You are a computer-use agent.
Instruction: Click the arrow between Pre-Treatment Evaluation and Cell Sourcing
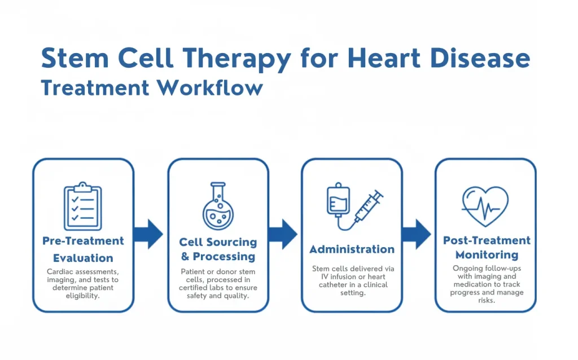148,234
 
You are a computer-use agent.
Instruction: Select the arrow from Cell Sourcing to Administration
282,234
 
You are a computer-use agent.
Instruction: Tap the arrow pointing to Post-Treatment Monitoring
416,234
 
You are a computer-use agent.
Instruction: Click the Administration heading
352,249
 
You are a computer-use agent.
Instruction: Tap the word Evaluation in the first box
83,258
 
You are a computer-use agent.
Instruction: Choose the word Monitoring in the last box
487,254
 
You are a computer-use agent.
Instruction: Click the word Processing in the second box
224,256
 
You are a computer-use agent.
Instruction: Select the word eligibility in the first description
83,295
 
